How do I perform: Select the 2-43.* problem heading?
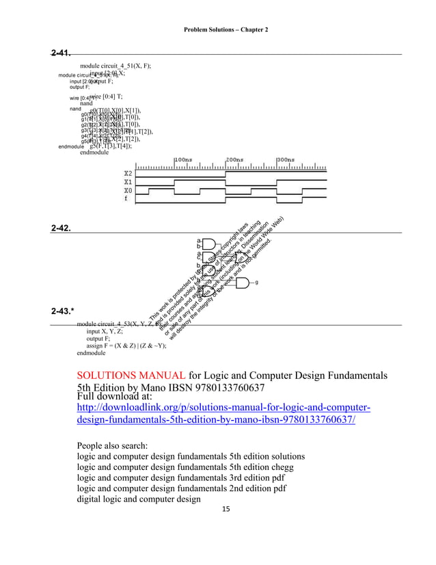click(x=64, y=311)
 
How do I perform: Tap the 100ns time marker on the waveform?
click(x=183, y=159)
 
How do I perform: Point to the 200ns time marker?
click(x=234, y=159)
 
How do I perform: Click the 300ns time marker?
click(x=286, y=159)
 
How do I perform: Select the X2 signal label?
click(x=128, y=174)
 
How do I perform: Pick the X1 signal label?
click(x=128, y=182)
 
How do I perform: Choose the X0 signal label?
click(x=128, y=191)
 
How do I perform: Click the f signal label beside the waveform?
click(x=125, y=199)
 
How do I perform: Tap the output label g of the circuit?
click(x=256, y=282)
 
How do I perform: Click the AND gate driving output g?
click(x=241, y=282)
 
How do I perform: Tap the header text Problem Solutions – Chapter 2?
click(x=226, y=31)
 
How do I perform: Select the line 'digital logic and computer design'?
click(x=139, y=499)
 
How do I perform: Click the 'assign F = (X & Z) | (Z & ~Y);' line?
click(x=126, y=346)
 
